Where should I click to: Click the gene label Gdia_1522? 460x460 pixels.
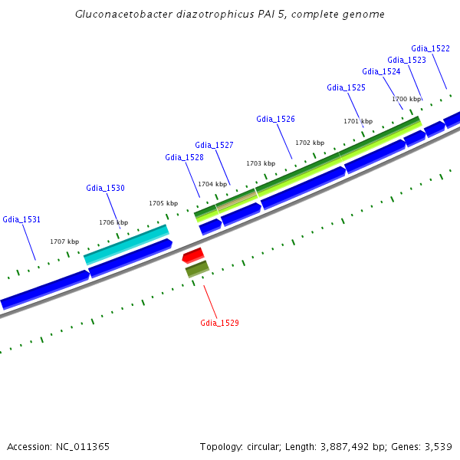click(430, 48)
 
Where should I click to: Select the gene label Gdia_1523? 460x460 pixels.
click(406, 60)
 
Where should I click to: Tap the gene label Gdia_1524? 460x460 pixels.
click(381, 71)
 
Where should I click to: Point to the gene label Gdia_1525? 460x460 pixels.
click(346, 87)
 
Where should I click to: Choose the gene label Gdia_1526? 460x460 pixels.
click(275, 119)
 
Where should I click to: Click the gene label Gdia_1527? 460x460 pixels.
click(214, 145)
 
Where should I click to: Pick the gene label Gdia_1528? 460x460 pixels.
click(184, 157)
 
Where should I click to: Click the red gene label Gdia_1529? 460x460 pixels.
click(219, 323)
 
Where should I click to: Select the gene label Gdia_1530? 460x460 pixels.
click(105, 188)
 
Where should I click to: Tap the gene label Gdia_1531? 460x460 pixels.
click(21, 219)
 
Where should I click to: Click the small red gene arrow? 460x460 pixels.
click(193, 255)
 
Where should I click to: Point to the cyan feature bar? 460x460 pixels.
click(127, 243)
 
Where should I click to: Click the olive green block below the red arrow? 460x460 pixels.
click(197, 269)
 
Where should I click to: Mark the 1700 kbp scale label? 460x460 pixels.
click(406, 99)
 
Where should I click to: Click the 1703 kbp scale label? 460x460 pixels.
click(260, 163)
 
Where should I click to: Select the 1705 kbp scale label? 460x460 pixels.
click(163, 203)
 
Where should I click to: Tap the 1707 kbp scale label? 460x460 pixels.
click(65, 242)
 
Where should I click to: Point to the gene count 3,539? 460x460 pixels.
click(437, 446)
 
